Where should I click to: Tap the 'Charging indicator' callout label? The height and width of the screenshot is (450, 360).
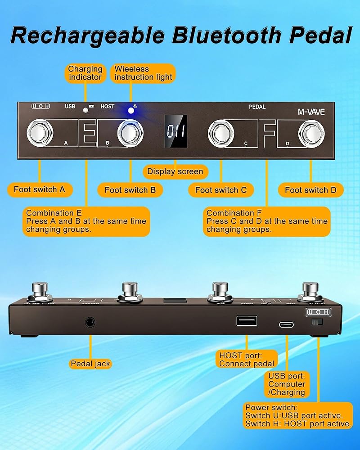coord(85,73)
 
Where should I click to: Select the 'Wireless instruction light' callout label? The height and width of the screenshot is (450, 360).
coord(143,73)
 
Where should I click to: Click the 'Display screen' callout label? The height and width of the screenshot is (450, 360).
coord(175,171)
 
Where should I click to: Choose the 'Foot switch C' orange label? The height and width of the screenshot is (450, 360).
coord(220,190)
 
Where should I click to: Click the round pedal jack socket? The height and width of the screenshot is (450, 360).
coord(90,322)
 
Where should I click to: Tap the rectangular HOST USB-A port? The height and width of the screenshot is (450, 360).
coord(247,320)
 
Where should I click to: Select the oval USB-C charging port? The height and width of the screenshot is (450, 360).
coord(286,324)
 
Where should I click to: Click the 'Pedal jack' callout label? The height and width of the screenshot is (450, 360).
coord(90,364)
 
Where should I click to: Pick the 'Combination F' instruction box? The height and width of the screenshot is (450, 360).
coord(266,221)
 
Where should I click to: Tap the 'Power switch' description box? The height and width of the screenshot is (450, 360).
coord(298,415)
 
